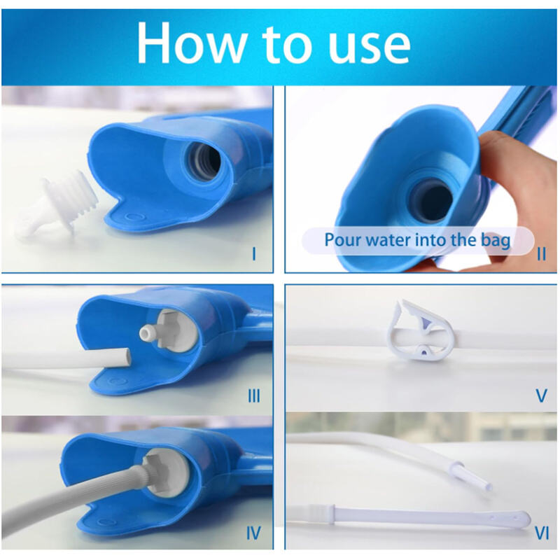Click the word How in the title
[x=187, y=43]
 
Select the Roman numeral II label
[x=541, y=253]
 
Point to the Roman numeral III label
[x=253, y=396]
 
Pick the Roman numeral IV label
[x=253, y=534]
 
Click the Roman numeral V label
[x=540, y=396]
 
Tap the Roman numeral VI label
[x=541, y=534]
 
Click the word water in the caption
[x=386, y=240]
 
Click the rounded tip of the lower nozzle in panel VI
[x=521, y=519]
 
